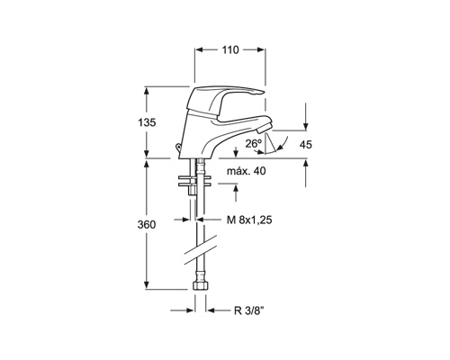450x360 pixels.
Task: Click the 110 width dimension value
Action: coord(230,49)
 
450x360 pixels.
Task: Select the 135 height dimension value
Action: coord(147,122)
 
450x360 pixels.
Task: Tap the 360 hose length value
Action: coord(147,224)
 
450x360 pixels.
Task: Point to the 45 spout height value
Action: coord(306,145)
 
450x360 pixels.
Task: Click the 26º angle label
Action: coord(254,144)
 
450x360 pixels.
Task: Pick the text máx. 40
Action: coord(247,171)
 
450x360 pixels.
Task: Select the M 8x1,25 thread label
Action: coord(249,220)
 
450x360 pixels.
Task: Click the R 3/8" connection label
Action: coord(248,310)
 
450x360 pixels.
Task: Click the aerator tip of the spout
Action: coord(265,128)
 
